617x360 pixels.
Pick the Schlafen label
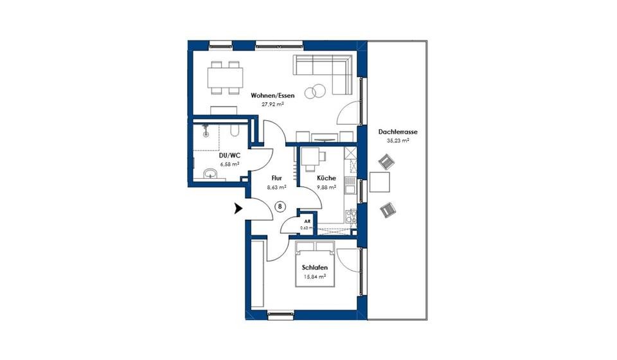[x=315, y=268]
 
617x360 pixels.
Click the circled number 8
[x=280, y=206]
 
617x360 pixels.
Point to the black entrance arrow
[x=238, y=208]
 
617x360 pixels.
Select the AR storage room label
[x=307, y=221]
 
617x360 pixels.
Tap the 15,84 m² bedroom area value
[x=315, y=278]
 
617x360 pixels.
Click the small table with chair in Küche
[x=312, y=156]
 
